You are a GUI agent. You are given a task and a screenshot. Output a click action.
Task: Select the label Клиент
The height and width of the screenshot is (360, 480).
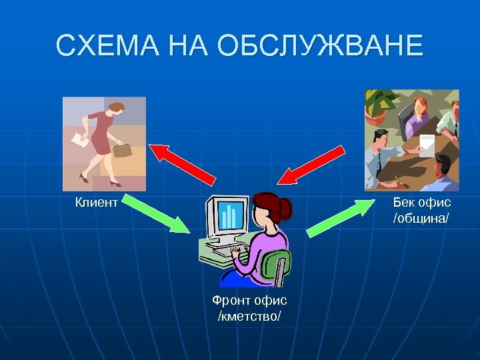coord(96,201)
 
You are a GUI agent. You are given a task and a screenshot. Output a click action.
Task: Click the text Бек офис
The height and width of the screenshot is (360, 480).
coord(422,201)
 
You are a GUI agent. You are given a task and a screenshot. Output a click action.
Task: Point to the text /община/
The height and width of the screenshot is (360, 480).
coord(422,218)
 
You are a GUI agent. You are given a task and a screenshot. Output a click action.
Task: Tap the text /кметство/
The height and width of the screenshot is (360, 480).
coord(249,315)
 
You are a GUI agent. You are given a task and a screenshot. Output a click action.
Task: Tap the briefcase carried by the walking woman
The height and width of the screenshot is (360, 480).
coord(122,149)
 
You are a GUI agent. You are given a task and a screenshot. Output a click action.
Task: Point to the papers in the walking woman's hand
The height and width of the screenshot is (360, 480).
coord(79,140)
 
